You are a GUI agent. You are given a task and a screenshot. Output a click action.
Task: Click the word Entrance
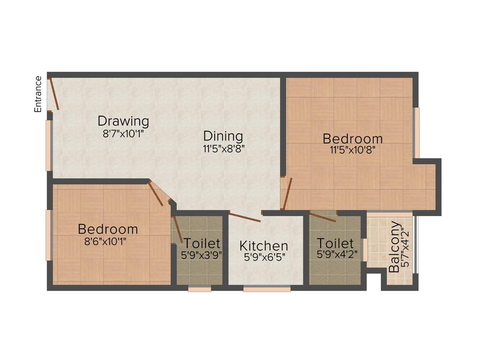point(38,94)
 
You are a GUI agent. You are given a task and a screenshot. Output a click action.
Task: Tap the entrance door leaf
point(54,94)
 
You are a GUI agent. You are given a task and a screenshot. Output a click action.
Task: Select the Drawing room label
point(123,121)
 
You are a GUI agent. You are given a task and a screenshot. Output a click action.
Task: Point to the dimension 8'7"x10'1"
point(123,134)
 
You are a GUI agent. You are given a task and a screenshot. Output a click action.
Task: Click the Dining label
point(223,136)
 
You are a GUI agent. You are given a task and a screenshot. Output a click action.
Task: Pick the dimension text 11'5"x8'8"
point(224,149)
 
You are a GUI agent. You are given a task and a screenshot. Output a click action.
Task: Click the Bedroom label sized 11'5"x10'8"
point(352,139)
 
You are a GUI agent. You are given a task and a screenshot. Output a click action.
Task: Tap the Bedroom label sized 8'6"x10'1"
point(108,229)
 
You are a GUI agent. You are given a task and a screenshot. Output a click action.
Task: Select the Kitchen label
point(264,246)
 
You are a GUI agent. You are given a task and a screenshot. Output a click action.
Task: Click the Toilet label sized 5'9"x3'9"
point(202,243)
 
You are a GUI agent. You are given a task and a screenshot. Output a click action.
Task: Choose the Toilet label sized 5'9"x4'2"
point(335,243)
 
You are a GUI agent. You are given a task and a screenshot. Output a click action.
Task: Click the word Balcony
point(395,247)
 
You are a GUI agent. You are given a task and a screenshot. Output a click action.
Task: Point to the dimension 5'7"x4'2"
point(406,247)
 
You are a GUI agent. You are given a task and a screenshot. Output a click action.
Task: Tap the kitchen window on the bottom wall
point(267,289)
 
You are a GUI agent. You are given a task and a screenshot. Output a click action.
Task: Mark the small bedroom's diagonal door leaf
point(156,194)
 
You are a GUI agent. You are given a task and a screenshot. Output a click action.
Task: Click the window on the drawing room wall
point(48,145)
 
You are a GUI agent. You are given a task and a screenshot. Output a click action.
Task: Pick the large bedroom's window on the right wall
point(416,133)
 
